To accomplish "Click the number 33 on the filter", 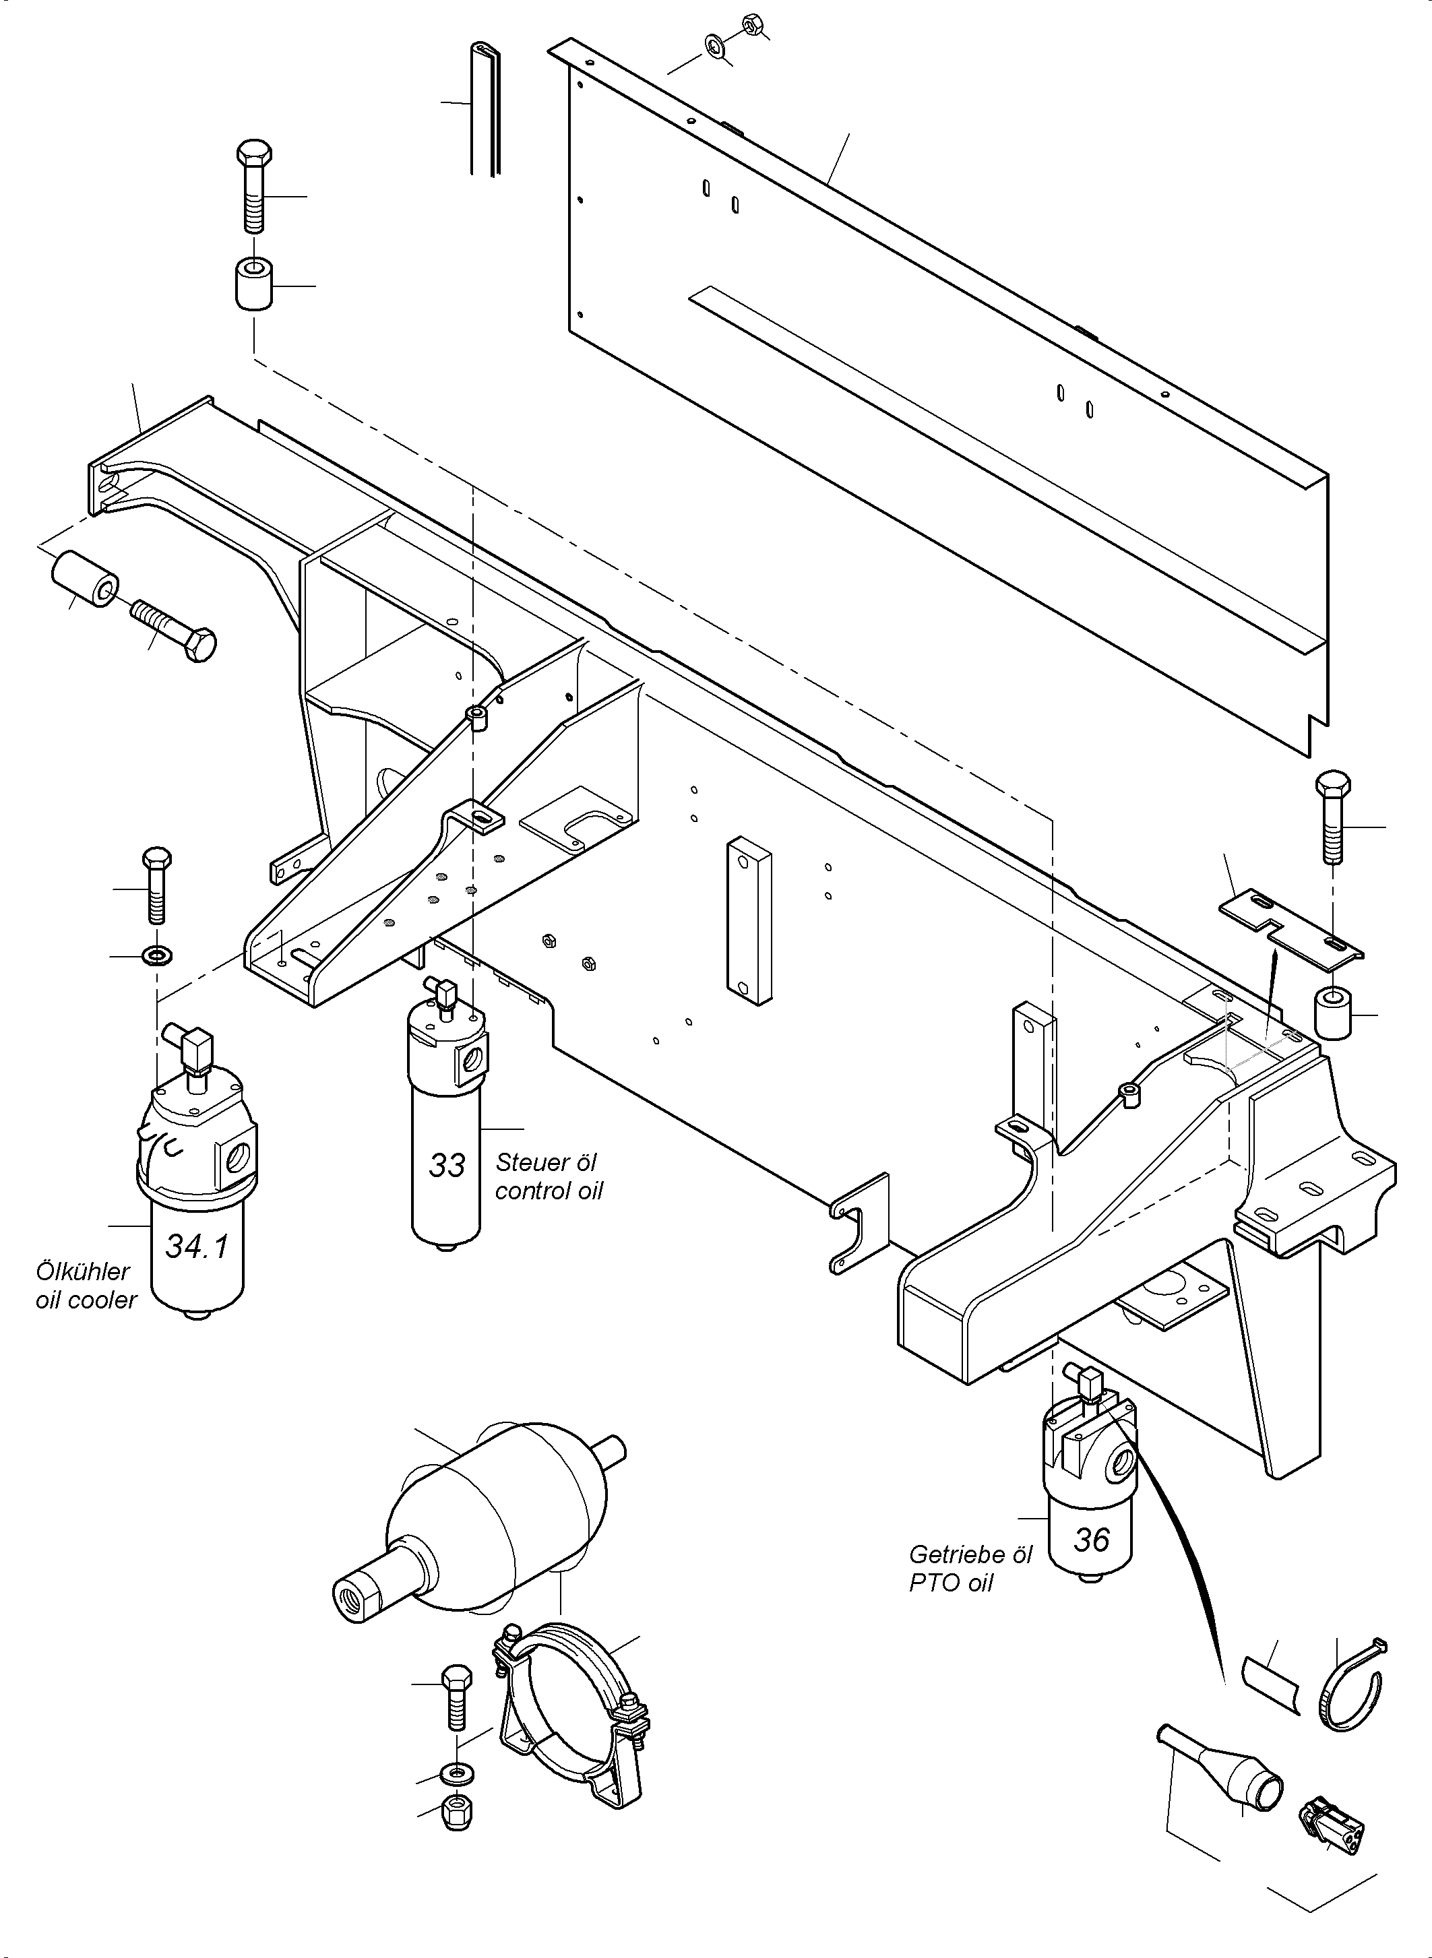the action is pyautogui.click(x=447, y=1166).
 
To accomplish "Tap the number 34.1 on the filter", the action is pyautogui.click(x=197, y=1246).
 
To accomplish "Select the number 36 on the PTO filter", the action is pyautogui.click(x=1091, y=1540).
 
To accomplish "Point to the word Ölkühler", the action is pyautogui.click(x=82, y=1271).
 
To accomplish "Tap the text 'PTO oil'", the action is pyautogui.click(x=951, y=1583).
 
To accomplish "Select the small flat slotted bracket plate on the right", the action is pyautogui.click(x=1290, y=926).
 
